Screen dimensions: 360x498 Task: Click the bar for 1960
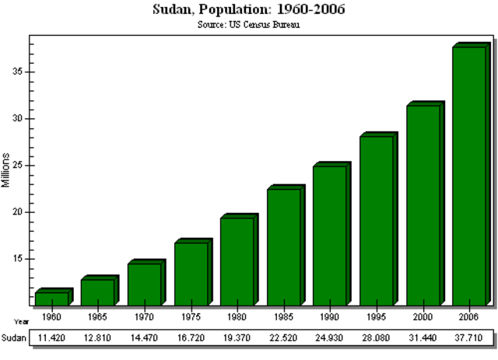(51, 299)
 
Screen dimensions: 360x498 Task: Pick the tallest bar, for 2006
(468, 176)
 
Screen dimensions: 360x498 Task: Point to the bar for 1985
(283, 246)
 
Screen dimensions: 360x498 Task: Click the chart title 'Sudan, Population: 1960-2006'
(249, 10)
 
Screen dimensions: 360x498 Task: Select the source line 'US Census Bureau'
(249, 24)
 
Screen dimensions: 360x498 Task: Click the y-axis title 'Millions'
(6, 169)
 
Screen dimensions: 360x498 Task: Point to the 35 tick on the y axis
(20, 72)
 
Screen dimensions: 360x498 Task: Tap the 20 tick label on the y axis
(20, 211)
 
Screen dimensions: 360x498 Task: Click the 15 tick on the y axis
(20, 259)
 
